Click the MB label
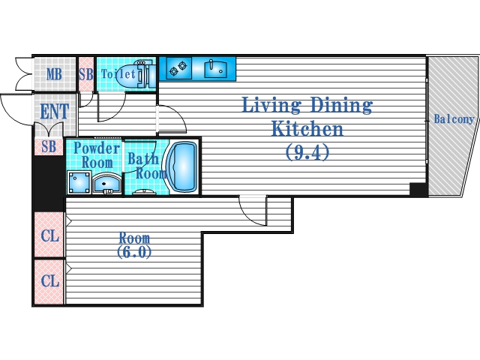coord(54,74)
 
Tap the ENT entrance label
coord(55,111)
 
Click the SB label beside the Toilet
coord(86,74)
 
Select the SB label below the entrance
coord(49,147)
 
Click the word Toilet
coord(118,73)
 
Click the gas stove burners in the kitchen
coord(178,68)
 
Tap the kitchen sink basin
coord(216,68)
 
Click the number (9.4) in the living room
coord(307,152)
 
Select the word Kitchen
coord(307,129)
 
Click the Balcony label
coord(454,118)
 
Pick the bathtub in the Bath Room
coord(181,167)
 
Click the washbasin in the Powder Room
coord(106,183)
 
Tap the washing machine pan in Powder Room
coord(79,183)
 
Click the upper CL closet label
coord(50,235)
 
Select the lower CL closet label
coord(50,280)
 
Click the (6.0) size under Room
coord(134,252)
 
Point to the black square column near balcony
coord(418,189)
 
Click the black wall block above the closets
coord(48,184)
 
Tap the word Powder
coord(97,148)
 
